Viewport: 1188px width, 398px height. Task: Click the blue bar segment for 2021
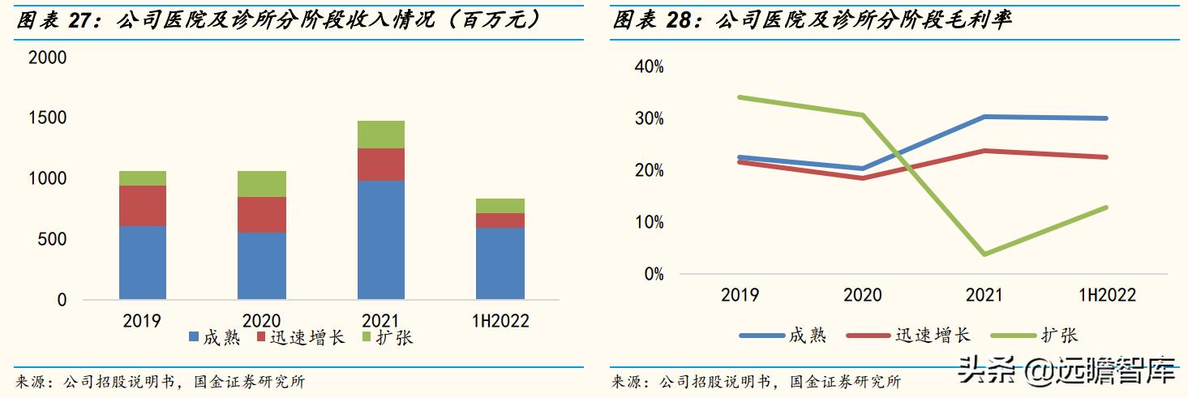tap(380, 240)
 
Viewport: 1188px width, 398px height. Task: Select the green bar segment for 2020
tap(261, 184)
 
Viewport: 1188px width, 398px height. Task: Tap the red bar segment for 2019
tap(143, 206)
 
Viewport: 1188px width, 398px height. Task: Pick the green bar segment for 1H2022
tap(500, 206)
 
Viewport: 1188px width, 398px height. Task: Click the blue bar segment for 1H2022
tap(500, 263)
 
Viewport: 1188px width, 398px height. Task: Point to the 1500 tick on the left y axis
tap(47, 118)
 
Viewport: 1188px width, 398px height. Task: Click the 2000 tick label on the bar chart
tap(47, 58)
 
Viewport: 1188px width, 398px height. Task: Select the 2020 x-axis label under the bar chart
tap(261, 321)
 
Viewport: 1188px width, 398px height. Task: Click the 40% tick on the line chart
tap(649, 66)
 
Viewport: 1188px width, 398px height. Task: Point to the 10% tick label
tap(649, 222)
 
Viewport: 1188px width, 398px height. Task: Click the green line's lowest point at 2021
tap(984, 255)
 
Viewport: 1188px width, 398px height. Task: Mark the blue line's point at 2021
tap(984, 117)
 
